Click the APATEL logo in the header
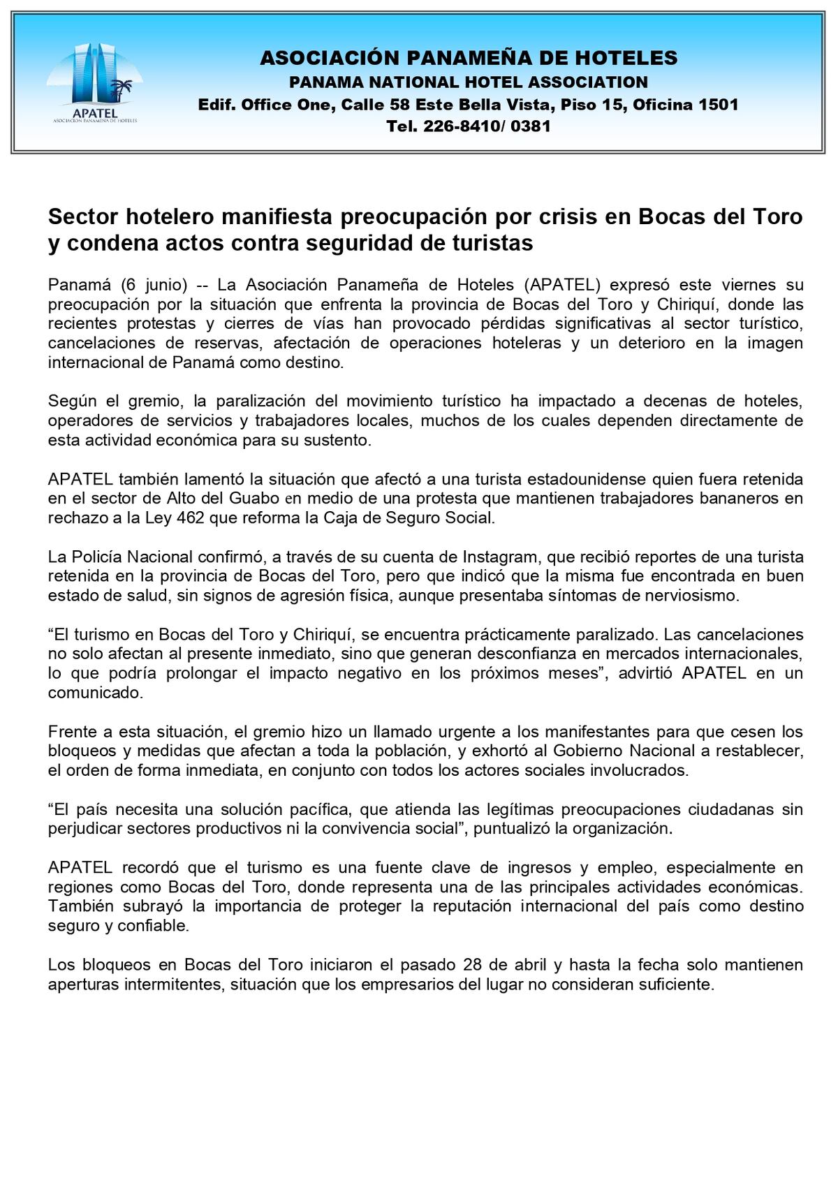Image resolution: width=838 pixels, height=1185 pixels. tap(95, 82)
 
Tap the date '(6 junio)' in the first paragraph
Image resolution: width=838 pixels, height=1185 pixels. tap(154, 285)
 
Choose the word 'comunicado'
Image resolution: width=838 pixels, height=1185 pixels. tap(94, 693)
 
